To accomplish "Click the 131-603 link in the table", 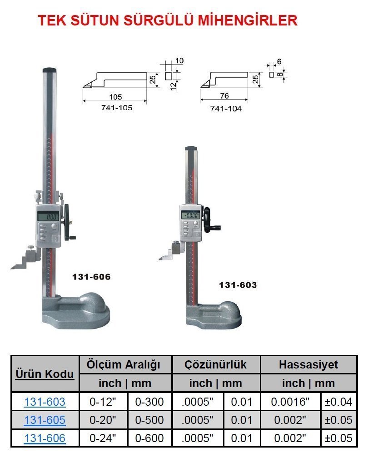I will pyautogui.click(x=45, y=402).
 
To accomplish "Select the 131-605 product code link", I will pyautogui.click(x=45, y=420).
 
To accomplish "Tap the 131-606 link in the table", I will pyautogui.click(x=45, y=438).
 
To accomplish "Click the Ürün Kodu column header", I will pyautogui.click(x=45, y=374).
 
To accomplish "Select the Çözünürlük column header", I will pyautogui.click(x=216, y=364).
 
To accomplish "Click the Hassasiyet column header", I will pyautogui.click(x=309, y=364).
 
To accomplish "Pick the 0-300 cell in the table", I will pyautogui.click(x=150, y=402).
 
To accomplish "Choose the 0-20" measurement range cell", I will pyautogui.click(x=103, y=420).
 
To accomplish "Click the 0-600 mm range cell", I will pyautogui.click(x=150, y=438).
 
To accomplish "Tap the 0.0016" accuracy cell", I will pyautogui.click(x=290, y=402).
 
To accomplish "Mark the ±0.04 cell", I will pyautogui.click(x=338, y=402).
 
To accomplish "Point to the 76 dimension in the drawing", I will pyautogui.click(x=224, y=96).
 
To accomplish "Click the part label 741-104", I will pyautogui.click(x=226, y=109).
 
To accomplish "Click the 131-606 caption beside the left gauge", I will pyautogui.click(x=91, y=277).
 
